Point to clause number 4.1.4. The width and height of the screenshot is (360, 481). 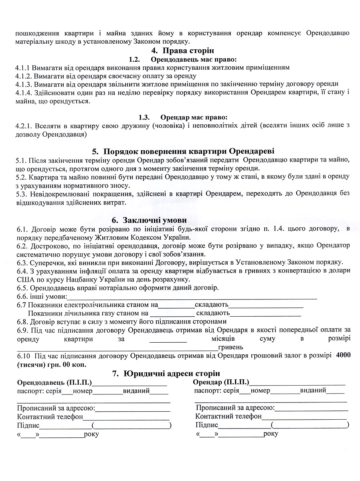[24, 93]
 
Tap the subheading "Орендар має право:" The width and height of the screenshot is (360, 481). [193, 117]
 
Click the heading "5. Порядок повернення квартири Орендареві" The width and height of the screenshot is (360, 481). [183, 152]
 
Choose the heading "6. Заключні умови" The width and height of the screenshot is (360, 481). [149, 220]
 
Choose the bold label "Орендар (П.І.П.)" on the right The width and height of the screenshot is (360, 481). [221, 382]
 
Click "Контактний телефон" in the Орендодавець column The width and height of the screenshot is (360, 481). [50, 417]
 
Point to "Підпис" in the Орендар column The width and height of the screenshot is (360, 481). [207, 425]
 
